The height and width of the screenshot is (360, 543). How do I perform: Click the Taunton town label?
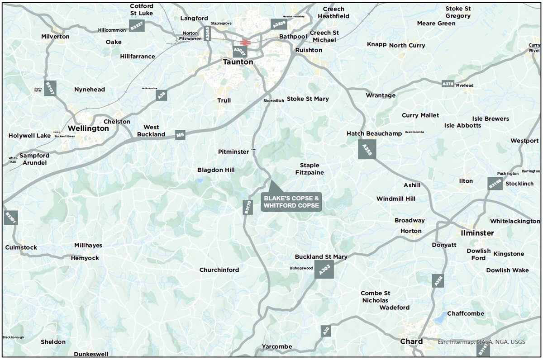pyautogui.click(x=238, y=62)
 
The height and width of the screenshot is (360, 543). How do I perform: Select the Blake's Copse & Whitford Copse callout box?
pyautogui.click(x=292, y=202)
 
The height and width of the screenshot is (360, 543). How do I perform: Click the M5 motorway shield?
pyautogui.click(x=181, y=135)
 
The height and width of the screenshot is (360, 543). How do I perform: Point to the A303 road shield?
pyautogui.click(x=324, y=270)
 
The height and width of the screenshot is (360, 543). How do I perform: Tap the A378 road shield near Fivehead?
pyautogui.click(x=448, y=84)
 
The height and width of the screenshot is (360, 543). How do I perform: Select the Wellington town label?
pyautogui.click(x=88, y=128)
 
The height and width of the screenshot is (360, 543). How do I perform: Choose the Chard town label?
pyautogui.click(x=411, y=341)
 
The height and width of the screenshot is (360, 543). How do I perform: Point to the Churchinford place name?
pyautogui.click(x=219, y=270)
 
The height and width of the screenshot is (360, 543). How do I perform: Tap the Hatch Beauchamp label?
pyautogui.click(x=367, y=134)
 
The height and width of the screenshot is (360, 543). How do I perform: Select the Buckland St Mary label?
pyautogui.click(x=321, y=257)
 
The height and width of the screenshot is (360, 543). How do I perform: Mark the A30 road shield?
pyautogui.click(x=326, y=331)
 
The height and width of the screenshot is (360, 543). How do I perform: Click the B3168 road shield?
pyautogui.click(x=495, y=184)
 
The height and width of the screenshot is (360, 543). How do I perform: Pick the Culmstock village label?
pyautogui.click(x=21, y=247)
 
